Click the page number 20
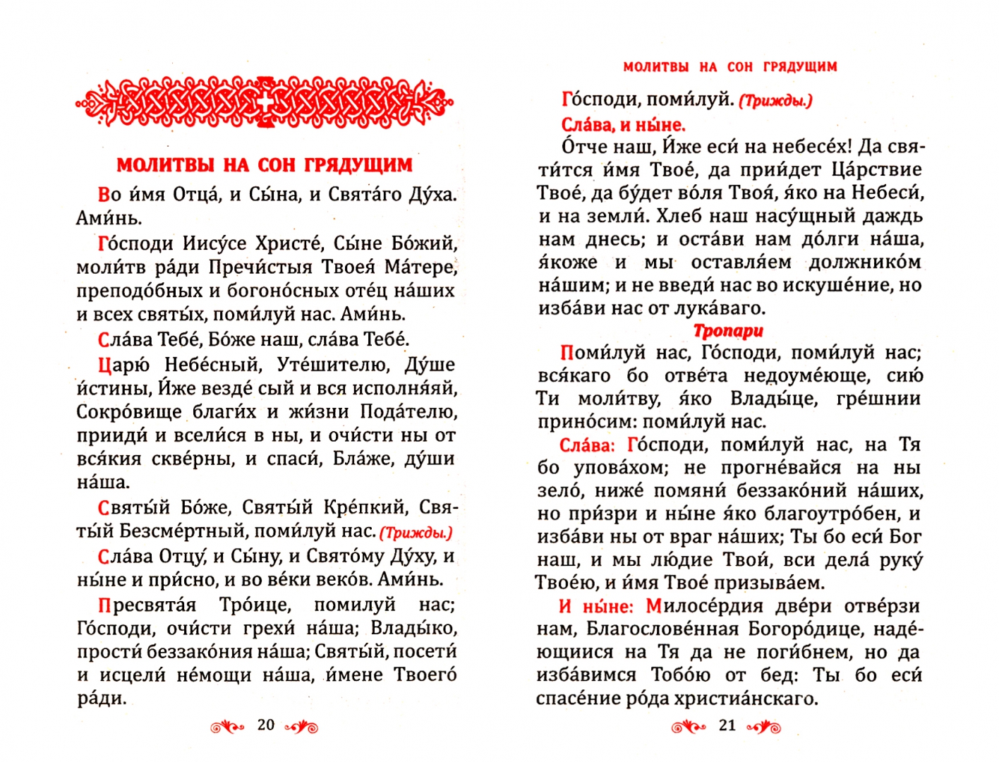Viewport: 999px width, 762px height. (x=266, y=725)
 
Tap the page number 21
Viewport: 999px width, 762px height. (x=727, y=725)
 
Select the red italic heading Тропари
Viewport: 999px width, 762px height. (x=728, y=330)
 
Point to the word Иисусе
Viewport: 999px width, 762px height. (x=214, y=243)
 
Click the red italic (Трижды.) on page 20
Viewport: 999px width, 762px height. (x=416, y=533)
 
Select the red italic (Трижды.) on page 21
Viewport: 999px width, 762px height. (x=775, y=101)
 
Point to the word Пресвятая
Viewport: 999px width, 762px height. (x=147, y=605)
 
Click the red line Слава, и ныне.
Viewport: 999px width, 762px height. (x=623, y=125)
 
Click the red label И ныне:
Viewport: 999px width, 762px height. (x=596, y=606)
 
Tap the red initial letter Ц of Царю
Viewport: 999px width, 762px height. (x=104, y=365)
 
